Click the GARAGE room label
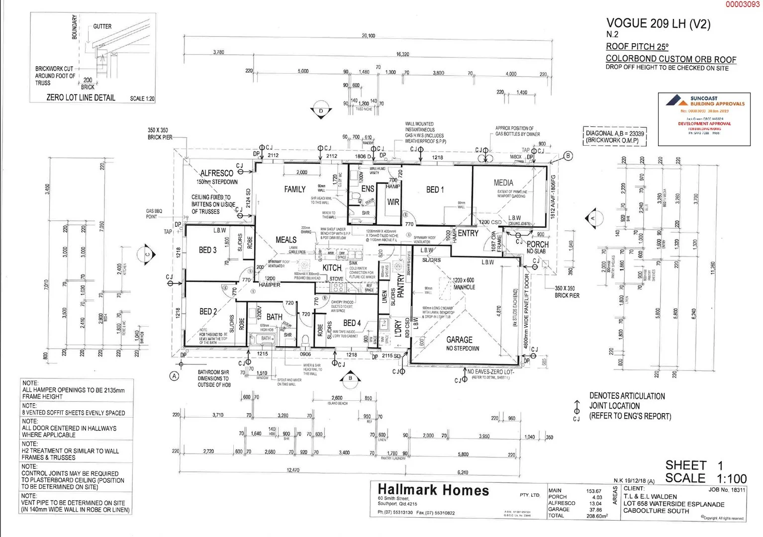[x=459, y=340]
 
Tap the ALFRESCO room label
[x=216, y=173]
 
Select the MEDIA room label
[x=503, y=183]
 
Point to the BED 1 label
[x=435, y=189]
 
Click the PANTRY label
[x=401, y=286]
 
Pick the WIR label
[x=393, y=202]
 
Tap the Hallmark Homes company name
[x=433, y=490]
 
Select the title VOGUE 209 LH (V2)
[x=658, y=23]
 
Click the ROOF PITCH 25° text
[x=637, y=47]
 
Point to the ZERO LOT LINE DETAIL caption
[x=81, y=98]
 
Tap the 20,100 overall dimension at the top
[x=369, y=36]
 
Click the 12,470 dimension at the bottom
[x=293, y=470]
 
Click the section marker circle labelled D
[x=321, y=111]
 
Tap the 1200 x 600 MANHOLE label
[x=463, y=283]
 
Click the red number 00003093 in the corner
[x=742, y=4]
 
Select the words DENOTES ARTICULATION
[x=627, y=396]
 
